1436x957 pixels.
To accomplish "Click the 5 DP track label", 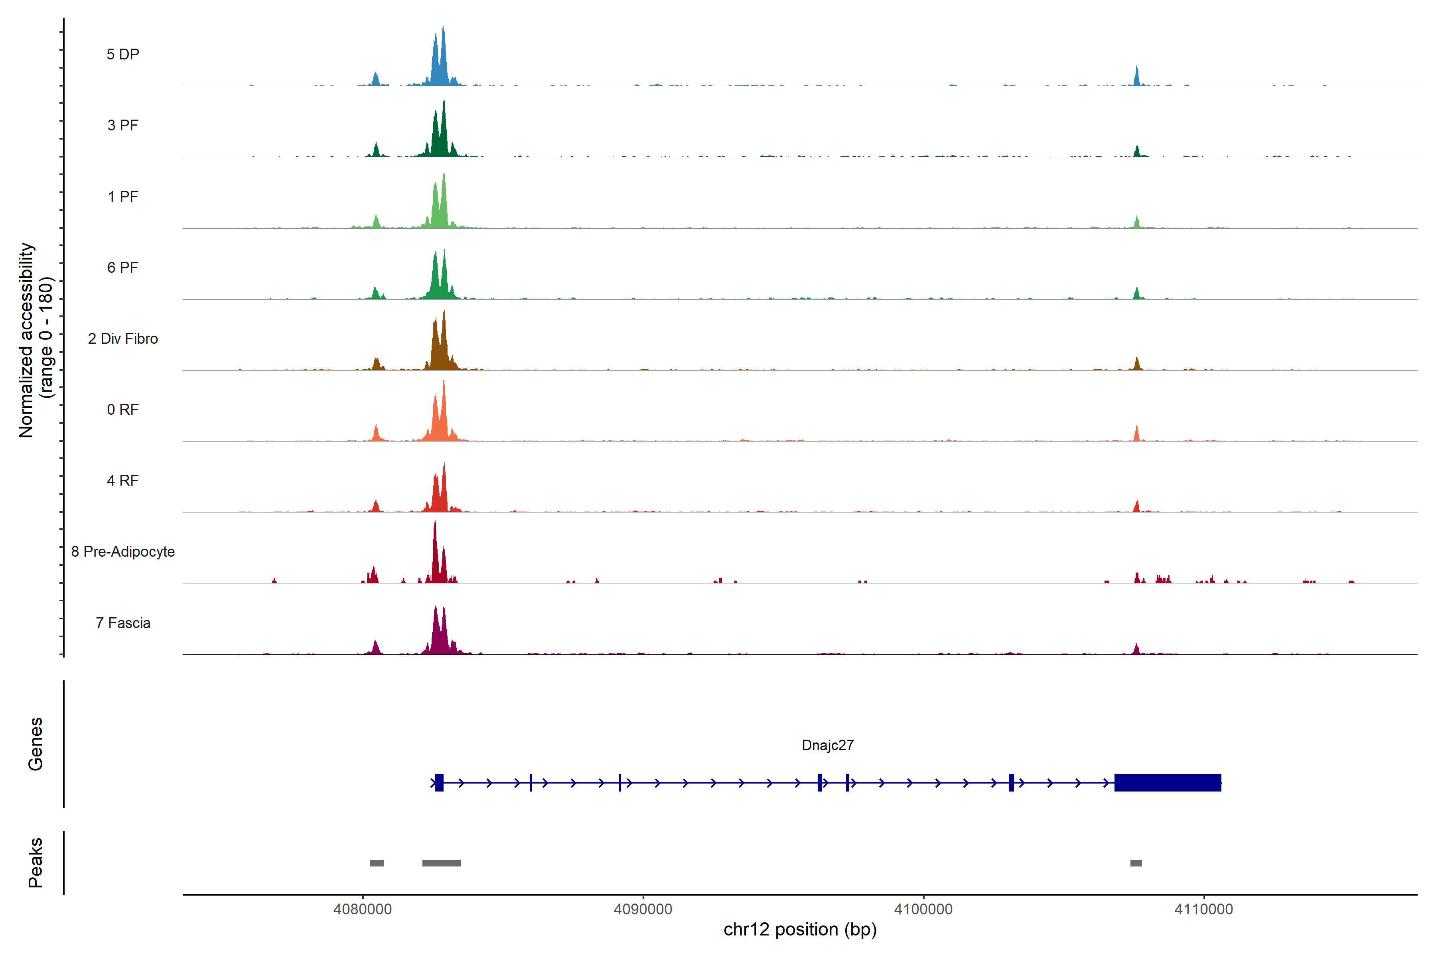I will pos(123,54).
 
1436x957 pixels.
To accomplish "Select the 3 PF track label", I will pos(123,125).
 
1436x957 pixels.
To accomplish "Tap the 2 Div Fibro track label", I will pos(123,339).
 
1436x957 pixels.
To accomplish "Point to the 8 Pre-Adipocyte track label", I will pos(123,552).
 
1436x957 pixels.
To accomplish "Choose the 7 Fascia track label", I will pos(123,623).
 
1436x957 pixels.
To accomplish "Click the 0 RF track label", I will pos(123,410).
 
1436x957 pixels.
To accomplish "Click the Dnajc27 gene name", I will pos(827,745).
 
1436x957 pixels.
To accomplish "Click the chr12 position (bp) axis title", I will pos(800,929).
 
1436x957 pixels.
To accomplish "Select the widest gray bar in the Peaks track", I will pos(442,863).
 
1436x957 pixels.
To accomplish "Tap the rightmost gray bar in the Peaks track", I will pos(1136,863).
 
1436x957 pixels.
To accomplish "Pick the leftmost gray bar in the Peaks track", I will pos(377,863).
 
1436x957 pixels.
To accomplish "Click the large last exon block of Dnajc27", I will pos(1168,782).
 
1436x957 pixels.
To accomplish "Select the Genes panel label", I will pos(36,744).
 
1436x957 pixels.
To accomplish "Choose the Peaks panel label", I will pos(36,862).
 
